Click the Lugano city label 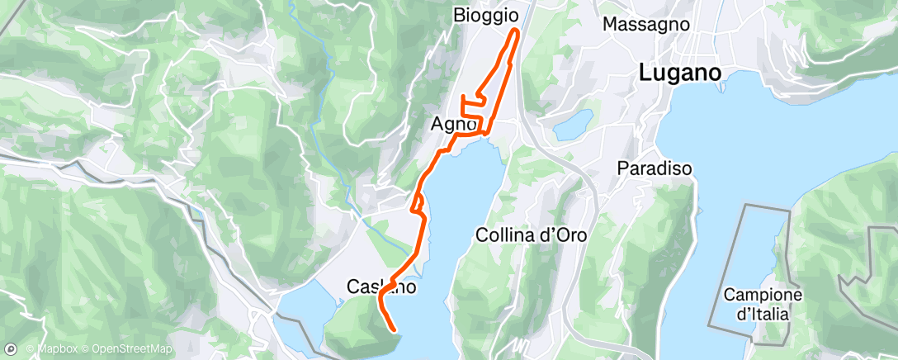tap(680, 73)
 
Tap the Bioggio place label tap(486, 15)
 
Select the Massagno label tap(646, 24)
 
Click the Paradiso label tap(655, 168)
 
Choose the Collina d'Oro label tap(532, 234)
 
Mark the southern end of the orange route tap(395, 331)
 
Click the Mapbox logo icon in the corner tap(11, 348)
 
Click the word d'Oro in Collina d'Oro tap(565, 234)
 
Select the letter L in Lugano tap(645, 73)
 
